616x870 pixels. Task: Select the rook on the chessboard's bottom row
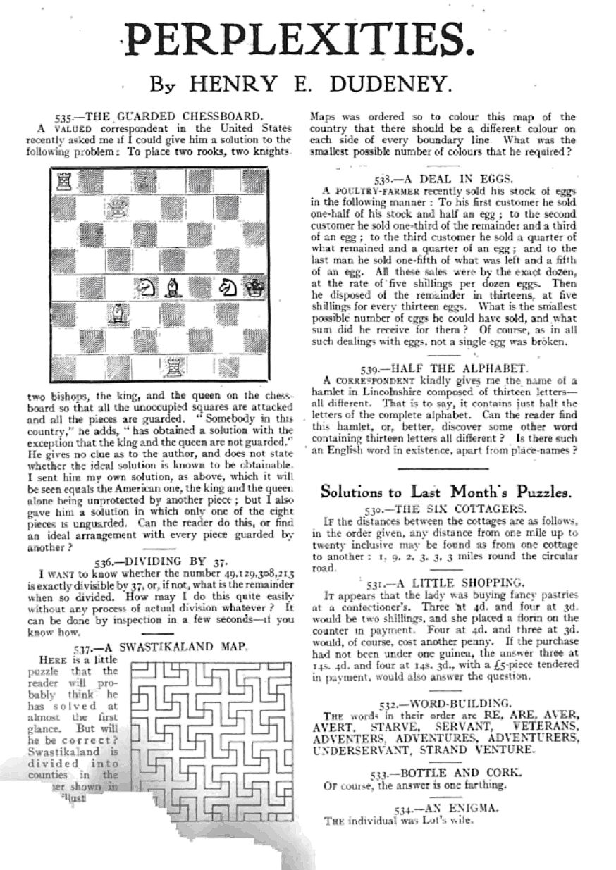click(171, 366)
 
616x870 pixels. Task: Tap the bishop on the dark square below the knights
click(116, 312)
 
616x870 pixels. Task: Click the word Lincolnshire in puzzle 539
click(409, 392)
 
